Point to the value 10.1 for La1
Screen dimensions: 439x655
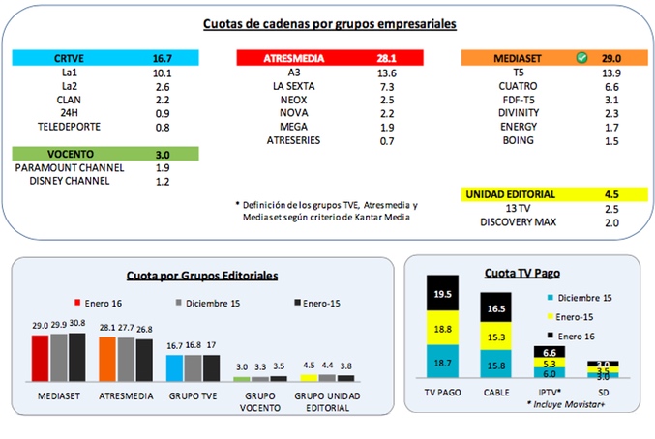163,73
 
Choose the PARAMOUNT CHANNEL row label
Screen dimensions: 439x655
69,167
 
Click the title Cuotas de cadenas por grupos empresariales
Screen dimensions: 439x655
328,24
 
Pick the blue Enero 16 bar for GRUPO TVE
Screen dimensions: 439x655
174,368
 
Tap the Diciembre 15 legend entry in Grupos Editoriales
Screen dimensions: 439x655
210,305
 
